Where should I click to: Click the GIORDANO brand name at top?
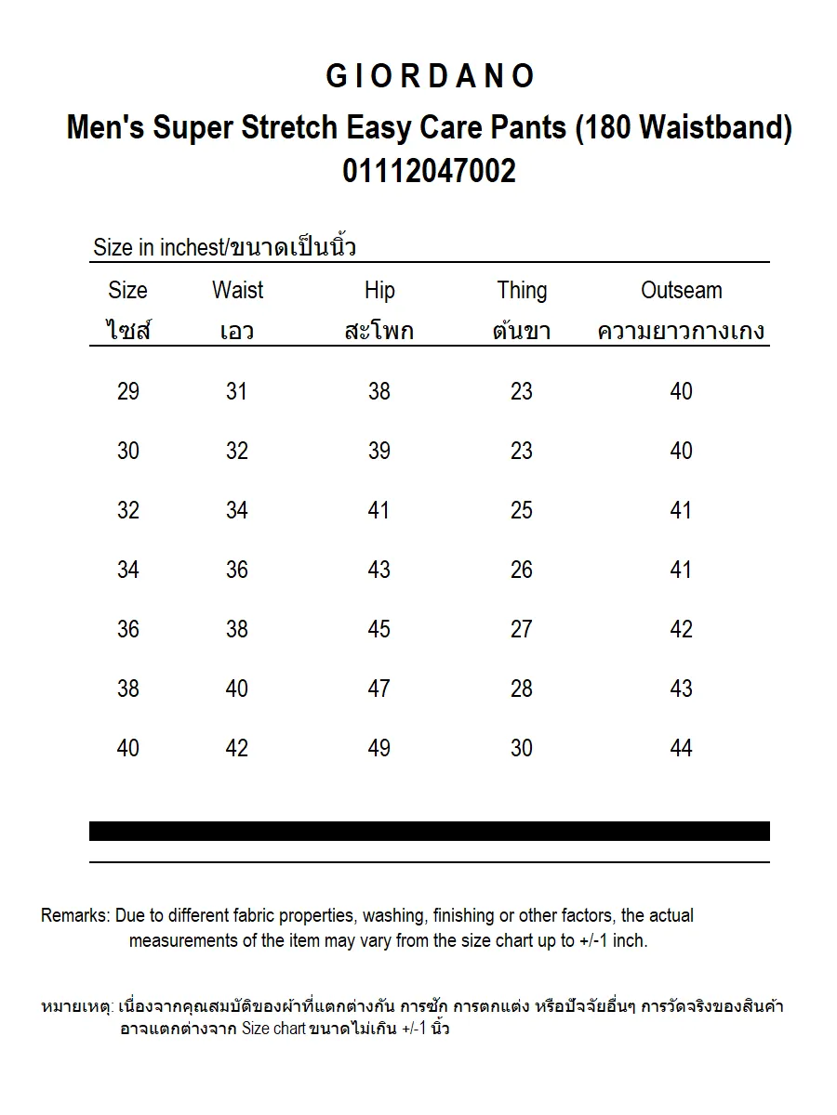pyautogui.click(x=430, y=77)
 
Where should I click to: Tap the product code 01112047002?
pyautogui.click(x=430, y=172)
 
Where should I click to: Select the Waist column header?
pyautogui.click(x=237, y=291)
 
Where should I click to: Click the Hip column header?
pyautogui.click(x=379, y=291)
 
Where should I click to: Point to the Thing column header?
pyautogui.click(x=522, y=291)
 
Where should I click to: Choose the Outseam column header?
pyautogui.click(x=681, y=291)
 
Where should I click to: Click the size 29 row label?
pyautogui.click(x=128, y=391)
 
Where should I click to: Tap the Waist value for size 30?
pyautogui.click(x=237, y=451)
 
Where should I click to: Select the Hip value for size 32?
pyautogui.click(x=379, y=510)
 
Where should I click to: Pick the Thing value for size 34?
pyautogui.click(x=522, y=570)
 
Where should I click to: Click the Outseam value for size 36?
pyautogui.click(x=681, y=629)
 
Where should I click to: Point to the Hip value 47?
pyautogui.click(x=379, y=689)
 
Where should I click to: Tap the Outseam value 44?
pyautogui.click(x=681, y=748)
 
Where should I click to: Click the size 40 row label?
pyautogui.click(x=128, y=748)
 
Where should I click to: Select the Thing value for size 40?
pyautogui.click(x=522, y=748)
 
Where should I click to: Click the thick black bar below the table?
pyautogui.click(x=430, y=831)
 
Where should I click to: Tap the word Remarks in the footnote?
pyautogui.click(x=74, y=916)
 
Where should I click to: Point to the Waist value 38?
pyautogui.click(x=237, y=629)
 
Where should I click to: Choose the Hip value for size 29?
pyautogui.click(x=379, y=391)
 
